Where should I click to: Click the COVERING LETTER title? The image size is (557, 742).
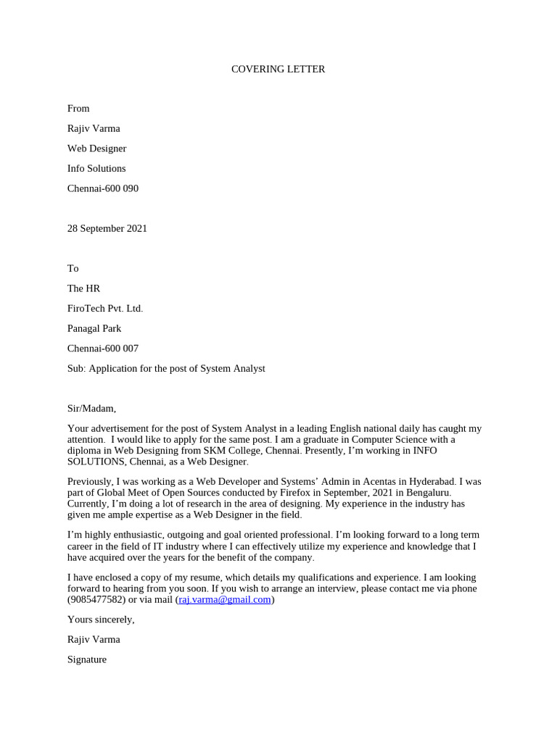pos(278,69)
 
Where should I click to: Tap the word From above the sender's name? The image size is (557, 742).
pos(78,109)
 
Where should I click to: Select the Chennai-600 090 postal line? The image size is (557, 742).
pos(102,188)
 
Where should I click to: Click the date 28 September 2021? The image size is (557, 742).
pos(107,228)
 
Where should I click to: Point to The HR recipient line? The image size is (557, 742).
pos(83,288)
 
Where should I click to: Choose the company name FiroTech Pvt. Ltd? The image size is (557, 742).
pos(105,309)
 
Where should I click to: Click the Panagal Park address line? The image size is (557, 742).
pos(94,328)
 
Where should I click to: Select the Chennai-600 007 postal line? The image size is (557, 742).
pos(102,349)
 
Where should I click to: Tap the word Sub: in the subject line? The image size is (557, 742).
pos(76,368)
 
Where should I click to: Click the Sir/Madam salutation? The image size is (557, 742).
pos(91,409)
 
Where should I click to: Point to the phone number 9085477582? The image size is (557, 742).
pos(96,600)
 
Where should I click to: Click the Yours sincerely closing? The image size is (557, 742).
pos(101,620)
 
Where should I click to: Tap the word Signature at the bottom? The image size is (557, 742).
pos(87,659)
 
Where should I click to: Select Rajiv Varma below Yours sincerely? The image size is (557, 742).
pos(94,639)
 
